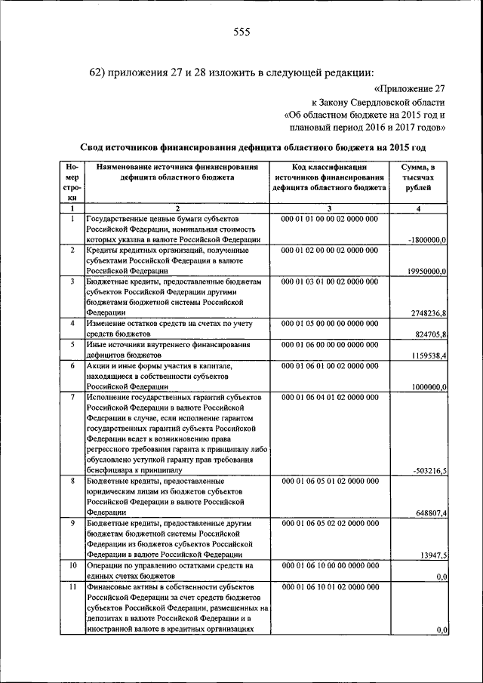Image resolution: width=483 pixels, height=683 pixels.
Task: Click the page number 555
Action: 241,31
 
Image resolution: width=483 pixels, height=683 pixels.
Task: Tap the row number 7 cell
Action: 72,396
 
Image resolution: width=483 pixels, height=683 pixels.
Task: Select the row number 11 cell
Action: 72,586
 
